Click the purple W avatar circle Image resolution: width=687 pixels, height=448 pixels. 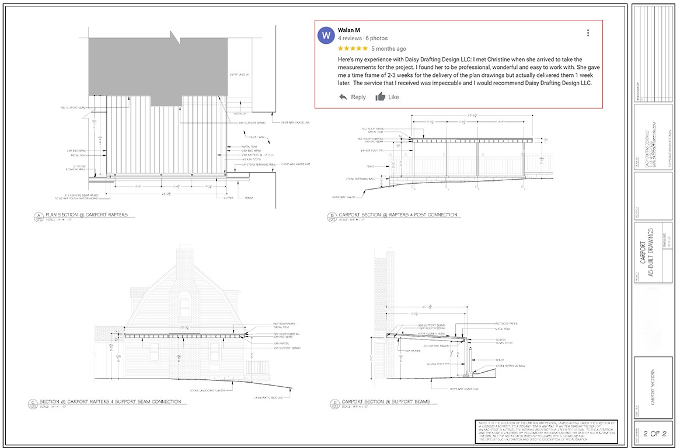(326, 36)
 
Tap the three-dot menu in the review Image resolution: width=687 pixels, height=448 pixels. (588, 33)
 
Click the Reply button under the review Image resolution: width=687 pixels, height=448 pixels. (353, 97)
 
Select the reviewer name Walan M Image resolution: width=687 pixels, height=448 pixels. (349, 30)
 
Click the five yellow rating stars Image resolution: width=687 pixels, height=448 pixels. (353, 48)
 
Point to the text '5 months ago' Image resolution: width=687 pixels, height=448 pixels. (388, 49)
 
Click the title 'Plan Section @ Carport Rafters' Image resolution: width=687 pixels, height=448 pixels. (90, 215)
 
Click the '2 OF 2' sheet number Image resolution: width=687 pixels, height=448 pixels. (654, 434)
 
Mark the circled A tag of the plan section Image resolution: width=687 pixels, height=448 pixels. (37, 216)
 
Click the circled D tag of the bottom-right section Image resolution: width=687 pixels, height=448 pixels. (334, 404)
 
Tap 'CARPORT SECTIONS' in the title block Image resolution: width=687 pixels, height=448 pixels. (653, 387)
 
